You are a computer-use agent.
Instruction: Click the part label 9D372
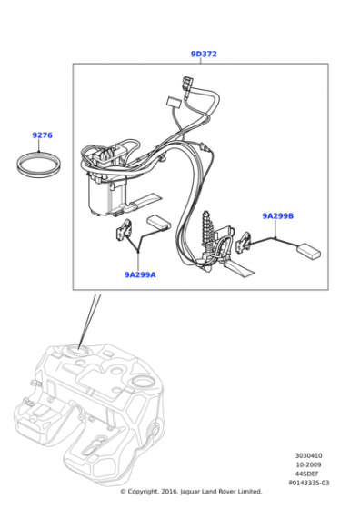[204, 54]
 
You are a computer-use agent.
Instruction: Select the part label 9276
[42, 135]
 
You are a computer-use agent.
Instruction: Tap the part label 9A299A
[140, 274]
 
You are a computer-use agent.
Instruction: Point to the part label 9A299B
[278, 216]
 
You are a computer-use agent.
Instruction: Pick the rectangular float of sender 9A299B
[309, 251]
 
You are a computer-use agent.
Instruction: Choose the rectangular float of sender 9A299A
[158, 223]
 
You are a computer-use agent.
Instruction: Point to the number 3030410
[309, 455]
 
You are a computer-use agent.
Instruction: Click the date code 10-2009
[308, 464]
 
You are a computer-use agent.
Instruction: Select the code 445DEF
[306, 474]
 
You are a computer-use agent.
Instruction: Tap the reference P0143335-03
[309, 483]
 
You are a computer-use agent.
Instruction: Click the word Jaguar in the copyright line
[189, 492]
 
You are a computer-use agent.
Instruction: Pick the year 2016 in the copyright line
[169, 492]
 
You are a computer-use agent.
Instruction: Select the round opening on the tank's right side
[142, 380]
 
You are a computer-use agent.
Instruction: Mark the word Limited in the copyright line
[249, 492]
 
